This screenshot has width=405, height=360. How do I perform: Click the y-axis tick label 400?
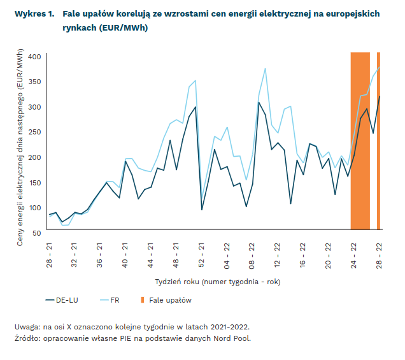point(34,57)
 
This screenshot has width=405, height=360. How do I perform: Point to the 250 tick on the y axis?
point(34,132)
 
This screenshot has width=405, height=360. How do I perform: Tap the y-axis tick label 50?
point(37,233)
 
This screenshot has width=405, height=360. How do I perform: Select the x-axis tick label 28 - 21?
point(49,254)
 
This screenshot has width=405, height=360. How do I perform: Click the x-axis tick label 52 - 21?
point(201,254)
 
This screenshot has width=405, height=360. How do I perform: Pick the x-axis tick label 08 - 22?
point(252,254)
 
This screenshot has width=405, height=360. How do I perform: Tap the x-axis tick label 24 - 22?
point(353,254)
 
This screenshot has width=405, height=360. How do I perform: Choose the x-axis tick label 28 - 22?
point(379,254)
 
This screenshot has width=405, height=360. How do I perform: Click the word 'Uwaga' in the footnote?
point(27,327)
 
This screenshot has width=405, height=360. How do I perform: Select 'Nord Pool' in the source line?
point(234,338)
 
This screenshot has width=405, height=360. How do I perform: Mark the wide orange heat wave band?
point(360,140)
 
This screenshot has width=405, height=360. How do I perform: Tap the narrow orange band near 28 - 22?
point(378,140)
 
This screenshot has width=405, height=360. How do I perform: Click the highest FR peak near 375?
point(265,69)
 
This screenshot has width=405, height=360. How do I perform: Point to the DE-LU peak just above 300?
point(259,103)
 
